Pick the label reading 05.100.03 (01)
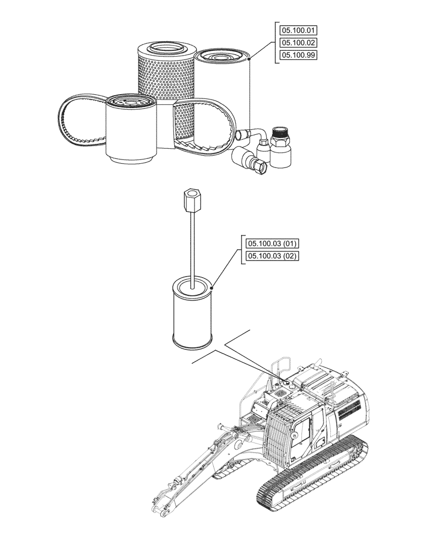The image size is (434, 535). pos(272,244)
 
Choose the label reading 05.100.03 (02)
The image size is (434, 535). pos(272,256)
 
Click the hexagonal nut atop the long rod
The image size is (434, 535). pos(191,200)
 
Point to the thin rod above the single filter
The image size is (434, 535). pos(191,246)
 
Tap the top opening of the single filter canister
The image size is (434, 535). pos(192,286)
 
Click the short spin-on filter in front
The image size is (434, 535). pos(131,131)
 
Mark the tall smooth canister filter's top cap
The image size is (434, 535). pos(222,56)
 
